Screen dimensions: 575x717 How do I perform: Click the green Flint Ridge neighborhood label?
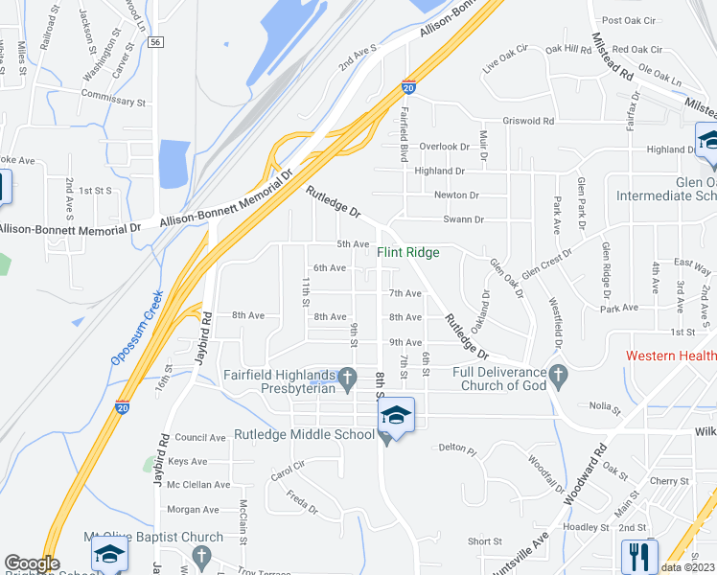(x=408, y=252)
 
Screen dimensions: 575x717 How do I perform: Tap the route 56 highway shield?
(x=156, y=42)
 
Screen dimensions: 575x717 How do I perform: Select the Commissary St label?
(x=113, y=101)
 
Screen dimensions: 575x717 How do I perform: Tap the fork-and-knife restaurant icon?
(x=638, y=555)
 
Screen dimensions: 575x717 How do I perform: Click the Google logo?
(x=32, y=563)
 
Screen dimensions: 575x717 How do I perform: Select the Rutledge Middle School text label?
(x=304, y=434)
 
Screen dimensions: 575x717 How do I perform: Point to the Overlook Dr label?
(x=445, y=147)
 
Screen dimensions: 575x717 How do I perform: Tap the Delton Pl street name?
(x=457, y=448)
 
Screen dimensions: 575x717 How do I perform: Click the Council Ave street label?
(x=199, y=437)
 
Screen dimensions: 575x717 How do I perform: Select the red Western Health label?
(x=671, y=356)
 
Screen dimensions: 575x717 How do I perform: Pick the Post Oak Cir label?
(x=627, y=20)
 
